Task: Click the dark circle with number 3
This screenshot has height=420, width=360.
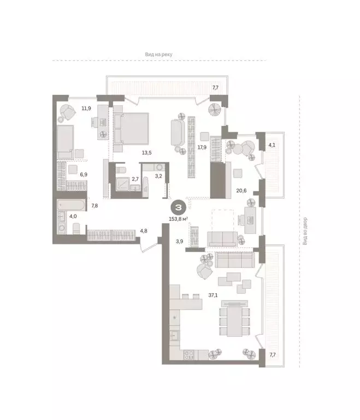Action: click(x=178, y=208)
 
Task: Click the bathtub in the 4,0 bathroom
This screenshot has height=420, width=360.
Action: click(x=72, y=207)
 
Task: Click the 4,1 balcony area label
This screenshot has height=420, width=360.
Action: click(x=272, y=145)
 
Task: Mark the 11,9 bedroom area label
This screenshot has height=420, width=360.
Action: click(x=86, y=108)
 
